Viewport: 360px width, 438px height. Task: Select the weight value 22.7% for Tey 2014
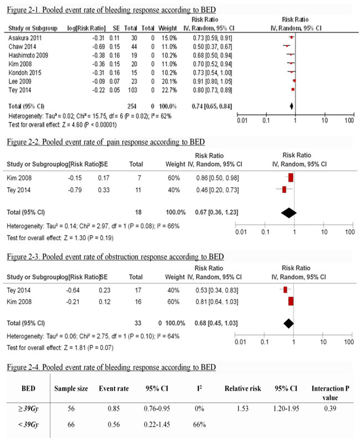(169, 89)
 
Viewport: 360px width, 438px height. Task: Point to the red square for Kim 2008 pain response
(290, 178)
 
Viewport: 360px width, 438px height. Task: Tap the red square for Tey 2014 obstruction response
(285, 289)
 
